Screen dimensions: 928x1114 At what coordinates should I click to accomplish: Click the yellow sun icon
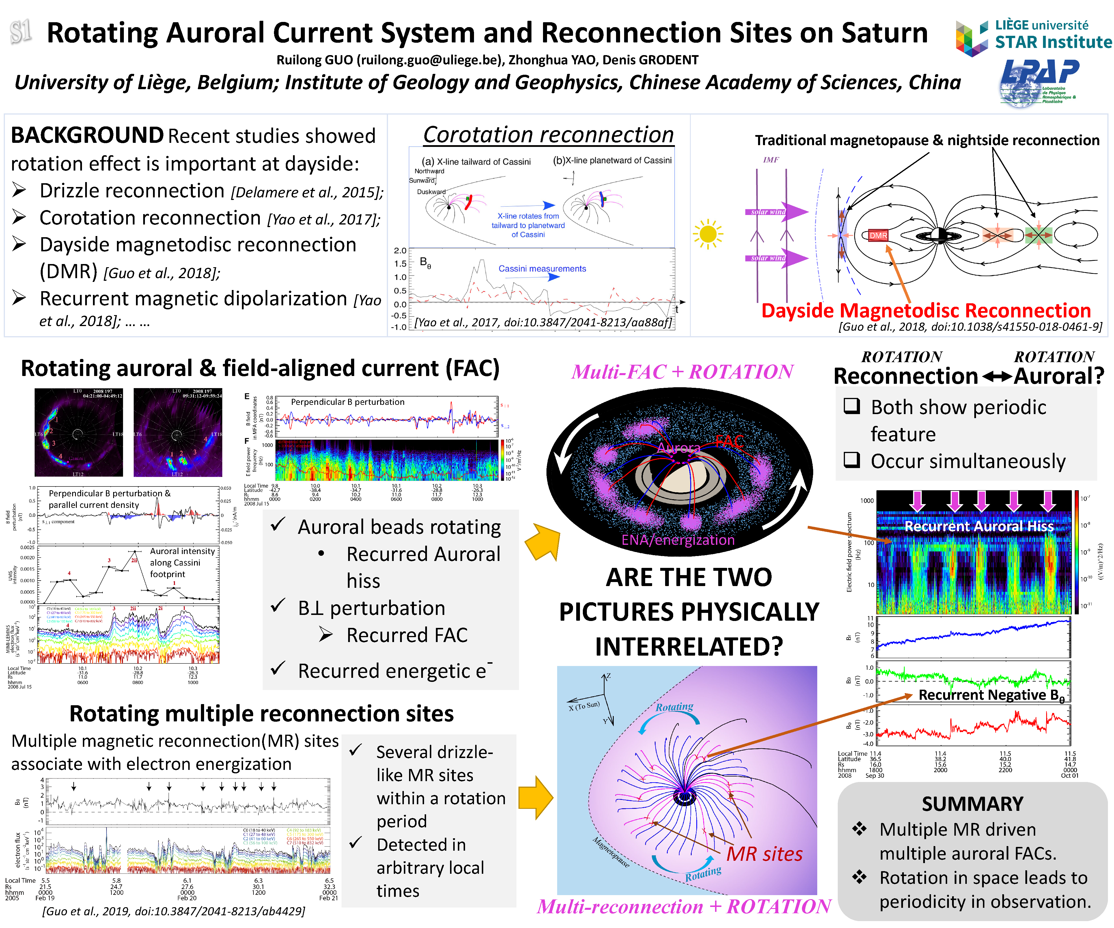[x=708, y=234]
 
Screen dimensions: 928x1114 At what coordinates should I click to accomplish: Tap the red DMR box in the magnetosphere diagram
[x=878, y=235]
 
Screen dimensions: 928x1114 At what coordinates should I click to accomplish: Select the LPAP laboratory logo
[x=1038, y=82]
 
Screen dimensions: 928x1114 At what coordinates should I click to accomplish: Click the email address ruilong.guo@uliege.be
[x=430, y=60]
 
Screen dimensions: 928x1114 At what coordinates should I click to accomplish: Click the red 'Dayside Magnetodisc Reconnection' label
[x=926, y=310]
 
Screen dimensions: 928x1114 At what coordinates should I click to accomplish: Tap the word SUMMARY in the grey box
[x=972, y=804]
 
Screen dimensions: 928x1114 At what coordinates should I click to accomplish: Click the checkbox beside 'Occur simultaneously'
[x=852, y=459]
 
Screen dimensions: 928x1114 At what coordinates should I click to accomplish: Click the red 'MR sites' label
[x=764, y=854]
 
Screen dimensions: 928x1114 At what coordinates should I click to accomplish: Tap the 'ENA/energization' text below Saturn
[x=678, y=540]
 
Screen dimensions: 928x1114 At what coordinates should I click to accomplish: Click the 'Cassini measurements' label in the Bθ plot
[x=542, y=269]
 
